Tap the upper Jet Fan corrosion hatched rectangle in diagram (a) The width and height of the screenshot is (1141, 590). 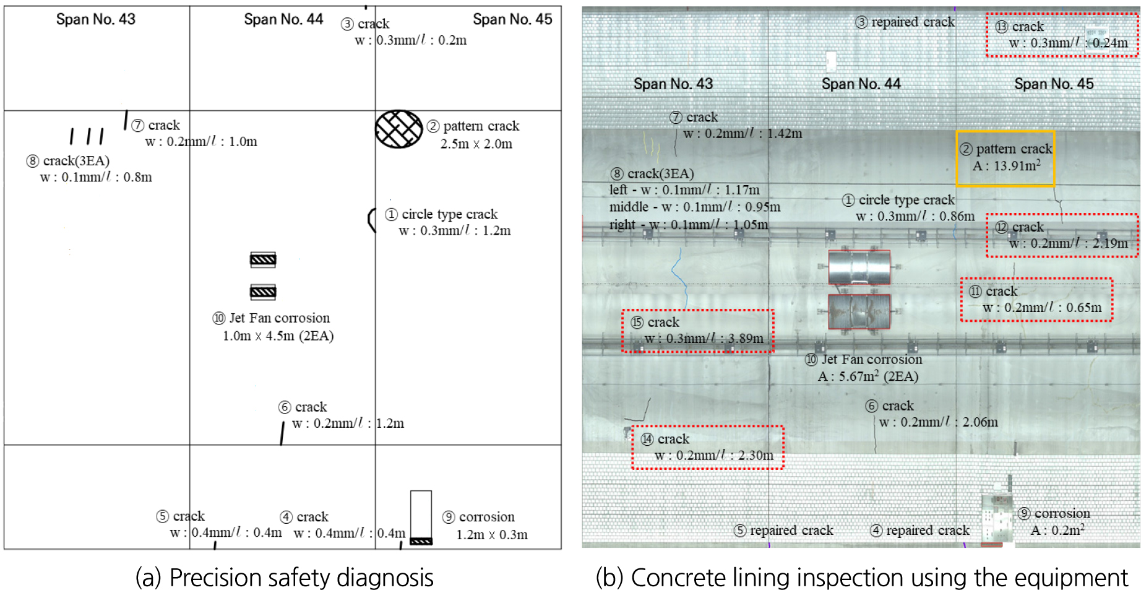263,259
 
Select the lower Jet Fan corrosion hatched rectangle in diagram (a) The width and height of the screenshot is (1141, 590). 263,292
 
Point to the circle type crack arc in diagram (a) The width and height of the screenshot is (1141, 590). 370,220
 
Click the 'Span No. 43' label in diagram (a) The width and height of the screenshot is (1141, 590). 96,19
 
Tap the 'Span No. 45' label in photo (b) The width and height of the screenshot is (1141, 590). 1054,84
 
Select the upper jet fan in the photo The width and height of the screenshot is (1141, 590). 859,267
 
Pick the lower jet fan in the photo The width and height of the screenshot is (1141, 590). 859,311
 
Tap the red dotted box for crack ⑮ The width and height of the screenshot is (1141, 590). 698,310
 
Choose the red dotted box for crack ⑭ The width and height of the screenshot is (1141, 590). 708,426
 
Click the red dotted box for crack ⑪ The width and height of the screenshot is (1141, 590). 1036,279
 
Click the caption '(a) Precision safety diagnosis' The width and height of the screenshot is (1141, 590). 284,577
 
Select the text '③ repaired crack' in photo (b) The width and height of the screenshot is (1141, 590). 905,22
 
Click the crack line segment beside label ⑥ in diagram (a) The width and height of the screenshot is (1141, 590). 282,433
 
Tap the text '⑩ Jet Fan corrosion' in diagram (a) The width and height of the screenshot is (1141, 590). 271,318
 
